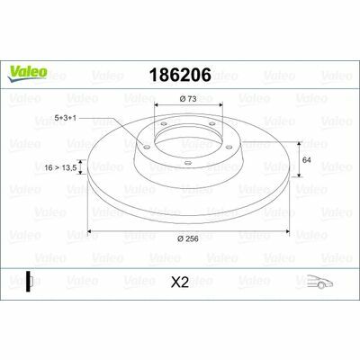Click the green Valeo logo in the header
coord(28,73)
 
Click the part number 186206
coord(180,75)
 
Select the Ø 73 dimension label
coord(188,99)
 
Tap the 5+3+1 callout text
coord(65,118)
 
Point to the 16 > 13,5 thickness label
coord(61,167)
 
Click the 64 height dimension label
coord(306,160)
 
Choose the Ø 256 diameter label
coord(188,238)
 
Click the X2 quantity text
coord(180,283)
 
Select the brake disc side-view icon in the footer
coord(29,282)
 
